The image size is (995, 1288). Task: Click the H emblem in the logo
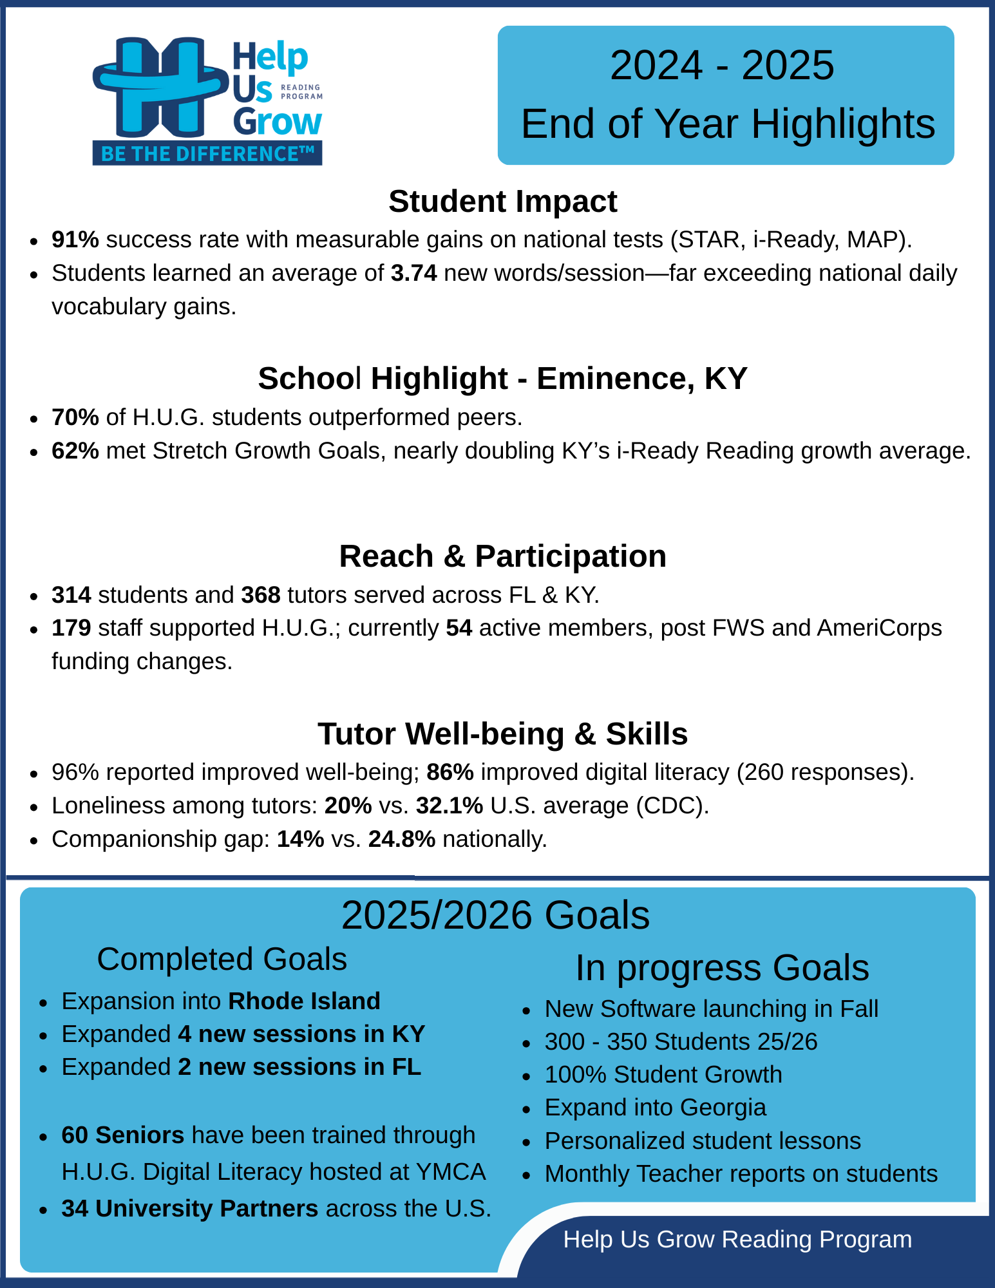[160, 87]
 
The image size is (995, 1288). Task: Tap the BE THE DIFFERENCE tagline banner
[207, 154]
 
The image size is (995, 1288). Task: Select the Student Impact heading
[502, 202]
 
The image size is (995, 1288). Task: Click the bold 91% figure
[75, 240]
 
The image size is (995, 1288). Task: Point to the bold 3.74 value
[414, 273]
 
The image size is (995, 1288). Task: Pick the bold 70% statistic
[75, 417]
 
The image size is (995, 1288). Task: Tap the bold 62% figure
[75, 451]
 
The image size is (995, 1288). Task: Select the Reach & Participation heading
[502, 556]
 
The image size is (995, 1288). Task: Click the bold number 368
[261, 594]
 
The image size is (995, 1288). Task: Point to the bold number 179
[71, 628]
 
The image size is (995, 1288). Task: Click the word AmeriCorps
[879, 628]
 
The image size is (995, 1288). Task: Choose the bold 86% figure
[450, 772]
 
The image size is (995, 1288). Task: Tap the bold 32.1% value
[450, 806]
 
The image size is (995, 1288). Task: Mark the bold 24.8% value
[402, 839]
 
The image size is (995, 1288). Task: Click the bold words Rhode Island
[304, 1001]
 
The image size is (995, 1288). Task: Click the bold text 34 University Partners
[189, 1209]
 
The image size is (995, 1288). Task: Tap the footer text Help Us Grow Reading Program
[737, 1240]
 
